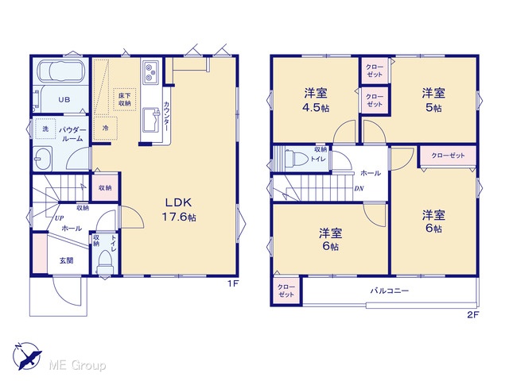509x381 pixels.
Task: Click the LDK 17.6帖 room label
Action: (x=179, y=210)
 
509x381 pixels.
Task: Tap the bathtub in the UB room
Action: (x=61, y=71)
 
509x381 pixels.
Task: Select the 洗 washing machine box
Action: (x=45, y=129)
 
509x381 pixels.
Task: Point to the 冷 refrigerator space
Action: (x=105, y=129)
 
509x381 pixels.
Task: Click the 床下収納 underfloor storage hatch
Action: (x=124, y=99)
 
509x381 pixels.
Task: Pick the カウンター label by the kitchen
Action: (x=166, y=116)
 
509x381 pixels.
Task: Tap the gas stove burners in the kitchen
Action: (x=150, y=72)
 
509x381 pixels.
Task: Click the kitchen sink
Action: (x=151, y=120)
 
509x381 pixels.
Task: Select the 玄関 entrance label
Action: (x=66, y=260)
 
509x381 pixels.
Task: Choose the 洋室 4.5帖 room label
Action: (x=316, y=100)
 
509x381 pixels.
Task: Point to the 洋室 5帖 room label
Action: (x=433, y=100)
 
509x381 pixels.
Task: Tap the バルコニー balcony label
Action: (x=390, y=291)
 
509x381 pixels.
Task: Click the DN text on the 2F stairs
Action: (x=359, y=188)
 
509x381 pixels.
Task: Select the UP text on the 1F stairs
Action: (x=59, y=218)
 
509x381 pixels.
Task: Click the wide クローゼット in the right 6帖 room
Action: (x=448, y=156)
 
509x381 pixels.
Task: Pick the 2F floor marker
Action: (x=473, y=314)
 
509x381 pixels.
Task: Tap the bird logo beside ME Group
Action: (x=28, y=356)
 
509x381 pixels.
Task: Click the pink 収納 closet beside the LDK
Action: (x=105, y=187)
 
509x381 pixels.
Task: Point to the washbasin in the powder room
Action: (x=42, y=159)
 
